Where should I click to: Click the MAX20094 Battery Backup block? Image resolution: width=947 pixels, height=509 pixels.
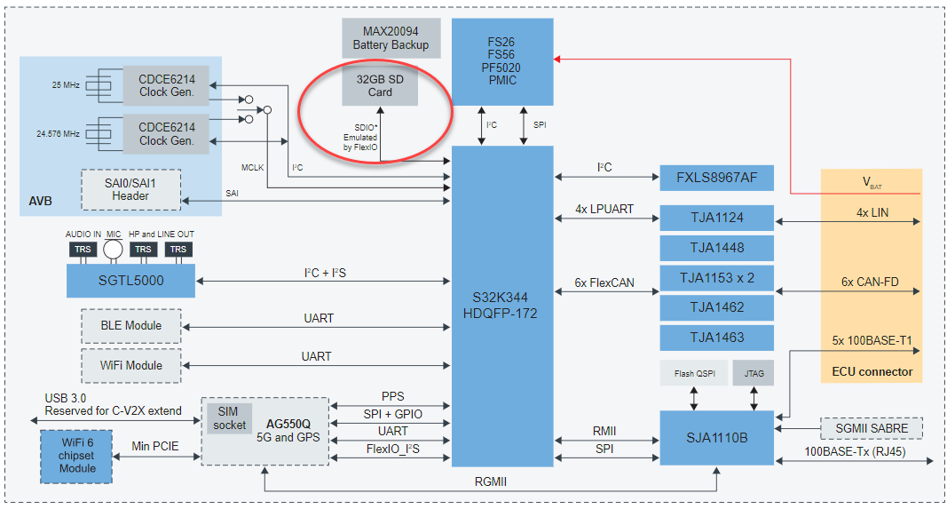pyautogui.click(x=391, y=38)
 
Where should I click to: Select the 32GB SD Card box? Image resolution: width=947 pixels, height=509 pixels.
pyautogui.click(x=380, y=85)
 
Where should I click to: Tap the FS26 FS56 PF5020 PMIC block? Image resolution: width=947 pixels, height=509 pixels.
pyautogui.click(x=502, y=61)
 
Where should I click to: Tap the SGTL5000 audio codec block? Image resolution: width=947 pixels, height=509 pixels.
pyautogui.click(x=130, y=282)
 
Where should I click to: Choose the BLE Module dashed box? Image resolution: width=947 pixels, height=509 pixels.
pyautogui.click(x=130, y=325)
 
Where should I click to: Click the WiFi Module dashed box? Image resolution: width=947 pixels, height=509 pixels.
pyautogui.click(x=130, y=365)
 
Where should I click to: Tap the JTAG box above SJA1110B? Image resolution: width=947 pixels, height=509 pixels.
pyautogui.click(x=754, y=374)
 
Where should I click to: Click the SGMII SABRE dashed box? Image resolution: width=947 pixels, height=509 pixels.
pyautogui.click(x=872, y=428)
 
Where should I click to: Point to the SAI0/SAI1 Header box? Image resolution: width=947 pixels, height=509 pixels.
pyautogui.click(x=130, y=189)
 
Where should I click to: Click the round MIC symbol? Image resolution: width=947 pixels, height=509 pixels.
pyautogui.click(x=113, y=250)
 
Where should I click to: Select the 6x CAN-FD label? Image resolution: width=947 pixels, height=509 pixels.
pyautogui.click(x=871, y=282)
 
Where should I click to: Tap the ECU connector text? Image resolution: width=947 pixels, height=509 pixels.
pyautogui.click(x=872, y=371)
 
